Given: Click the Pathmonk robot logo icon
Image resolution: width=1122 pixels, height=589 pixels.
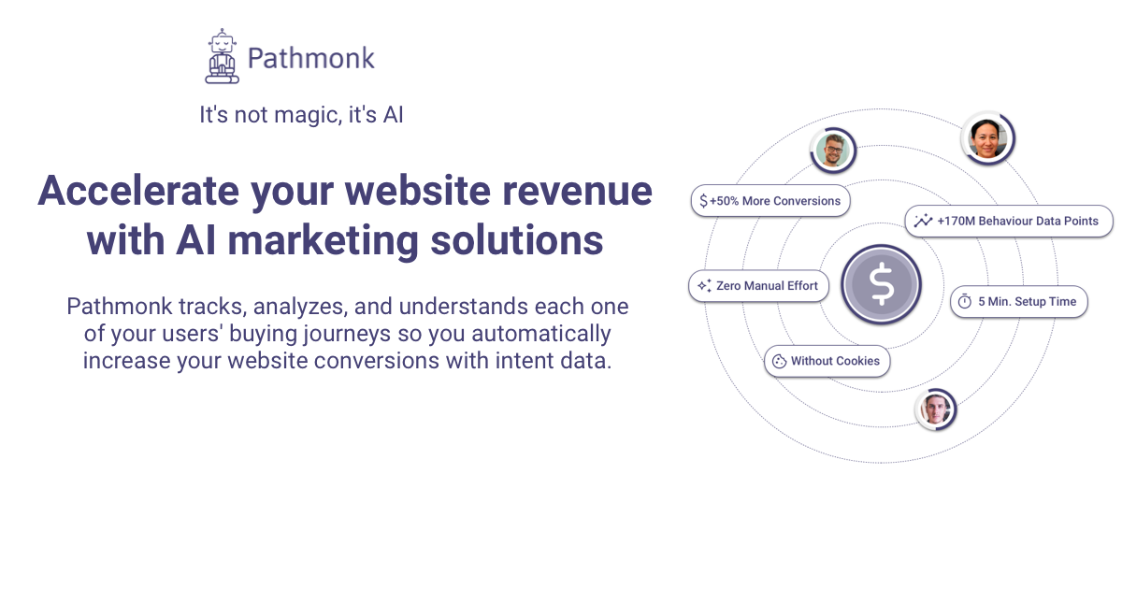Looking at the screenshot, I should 222,57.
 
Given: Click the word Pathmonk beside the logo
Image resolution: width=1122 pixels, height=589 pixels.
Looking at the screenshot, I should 310,58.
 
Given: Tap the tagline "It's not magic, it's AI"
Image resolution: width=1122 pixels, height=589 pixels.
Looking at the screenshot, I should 301,115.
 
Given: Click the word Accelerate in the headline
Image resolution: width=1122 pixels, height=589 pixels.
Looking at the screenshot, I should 138,191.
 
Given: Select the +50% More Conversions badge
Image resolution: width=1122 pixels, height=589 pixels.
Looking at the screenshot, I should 770,201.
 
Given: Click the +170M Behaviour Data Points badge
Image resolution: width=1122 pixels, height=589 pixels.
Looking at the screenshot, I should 1009,222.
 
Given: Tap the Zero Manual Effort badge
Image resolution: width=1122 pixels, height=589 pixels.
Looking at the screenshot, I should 758,286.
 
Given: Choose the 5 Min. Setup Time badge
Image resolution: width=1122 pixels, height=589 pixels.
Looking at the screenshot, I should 1018,302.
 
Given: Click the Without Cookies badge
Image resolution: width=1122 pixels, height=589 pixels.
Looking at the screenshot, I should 827,361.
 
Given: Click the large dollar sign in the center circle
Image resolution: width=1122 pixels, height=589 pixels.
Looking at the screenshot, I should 881,284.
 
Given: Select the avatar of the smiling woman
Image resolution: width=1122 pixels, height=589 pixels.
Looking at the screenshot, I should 986,138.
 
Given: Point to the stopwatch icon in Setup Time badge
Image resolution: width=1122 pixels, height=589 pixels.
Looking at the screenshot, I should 964,302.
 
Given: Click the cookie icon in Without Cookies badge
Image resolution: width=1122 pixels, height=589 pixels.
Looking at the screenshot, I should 779,361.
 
